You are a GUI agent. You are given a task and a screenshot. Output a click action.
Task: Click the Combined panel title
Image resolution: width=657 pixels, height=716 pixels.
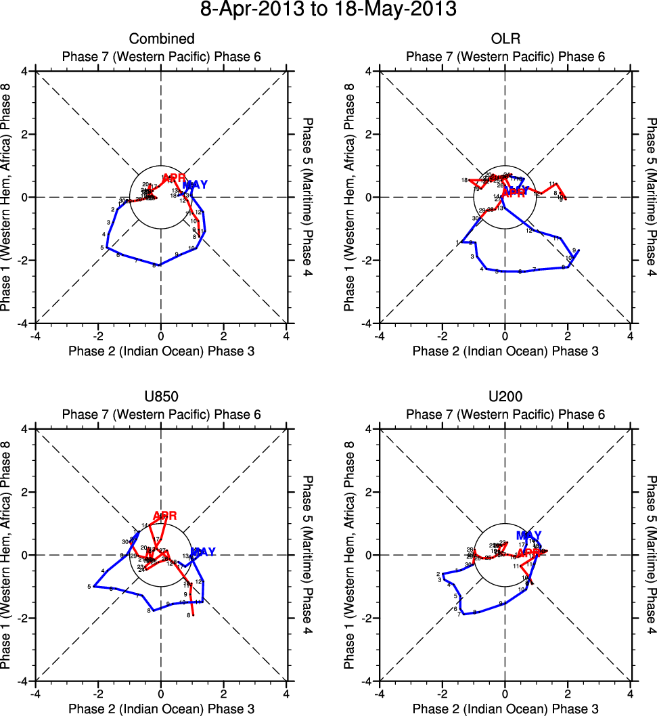161,39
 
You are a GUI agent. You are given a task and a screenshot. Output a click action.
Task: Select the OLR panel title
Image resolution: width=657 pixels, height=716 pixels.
505,39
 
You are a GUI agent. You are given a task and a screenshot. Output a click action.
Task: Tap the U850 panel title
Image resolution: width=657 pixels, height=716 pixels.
161,397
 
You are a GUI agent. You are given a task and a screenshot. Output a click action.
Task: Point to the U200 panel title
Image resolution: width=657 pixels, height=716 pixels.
505,397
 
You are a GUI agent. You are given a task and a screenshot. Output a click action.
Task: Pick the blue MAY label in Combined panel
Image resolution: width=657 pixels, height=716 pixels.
196,185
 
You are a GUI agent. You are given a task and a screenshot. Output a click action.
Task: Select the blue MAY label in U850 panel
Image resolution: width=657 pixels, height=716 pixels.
203,552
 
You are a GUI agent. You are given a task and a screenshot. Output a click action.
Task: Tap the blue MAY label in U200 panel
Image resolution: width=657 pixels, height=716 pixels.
529,536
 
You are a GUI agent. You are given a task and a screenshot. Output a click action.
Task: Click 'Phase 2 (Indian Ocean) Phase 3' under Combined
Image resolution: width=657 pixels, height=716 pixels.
161,351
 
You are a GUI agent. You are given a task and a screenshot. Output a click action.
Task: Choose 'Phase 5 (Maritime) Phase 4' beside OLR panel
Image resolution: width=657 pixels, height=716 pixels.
652,197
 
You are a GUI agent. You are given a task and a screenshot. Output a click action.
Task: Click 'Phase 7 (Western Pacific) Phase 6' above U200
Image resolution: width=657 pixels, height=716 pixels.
505,414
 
